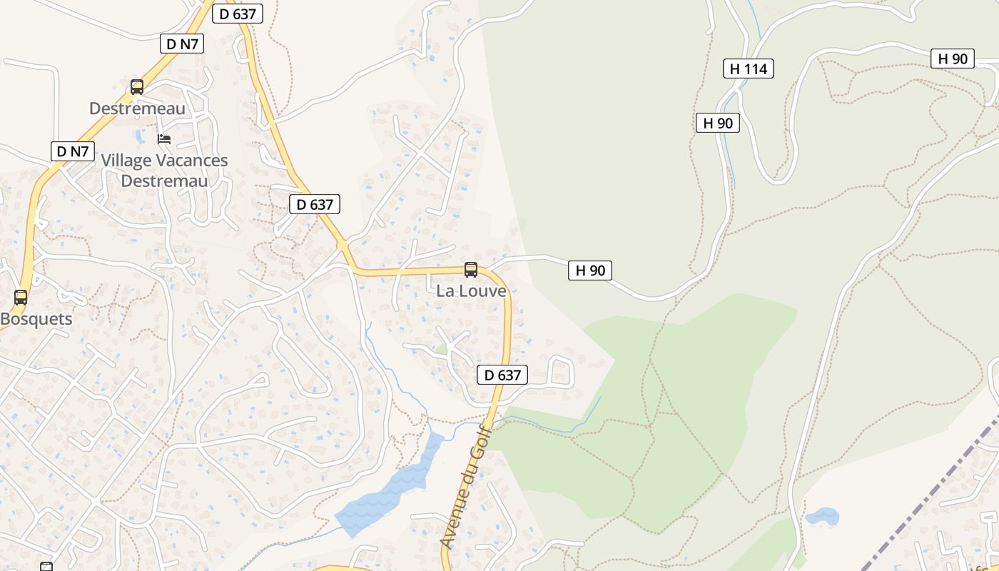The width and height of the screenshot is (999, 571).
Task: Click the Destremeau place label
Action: [x=137, y=108]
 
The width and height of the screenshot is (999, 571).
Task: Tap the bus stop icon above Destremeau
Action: [x=137, y=87]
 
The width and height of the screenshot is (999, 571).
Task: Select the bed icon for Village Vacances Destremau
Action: [x=164, y=138]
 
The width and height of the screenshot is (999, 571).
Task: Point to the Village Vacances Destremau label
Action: [x=164, y=171]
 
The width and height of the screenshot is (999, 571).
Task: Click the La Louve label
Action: [x=471, y=291]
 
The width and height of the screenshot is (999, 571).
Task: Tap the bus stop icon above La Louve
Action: [x=471, y=270]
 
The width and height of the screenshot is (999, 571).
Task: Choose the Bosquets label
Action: [x=36, y=319]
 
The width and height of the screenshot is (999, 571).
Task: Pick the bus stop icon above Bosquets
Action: [x=21, y=298]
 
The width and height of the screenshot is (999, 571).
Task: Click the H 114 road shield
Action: [x=748, y=69]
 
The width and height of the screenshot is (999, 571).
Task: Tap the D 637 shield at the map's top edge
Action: [x=238, y=14]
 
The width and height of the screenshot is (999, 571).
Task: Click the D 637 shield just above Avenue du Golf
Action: [x=502, y=375]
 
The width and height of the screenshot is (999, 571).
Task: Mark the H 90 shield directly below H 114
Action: [x=718, y=123]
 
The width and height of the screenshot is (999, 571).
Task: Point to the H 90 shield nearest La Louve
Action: [x=590, y=271]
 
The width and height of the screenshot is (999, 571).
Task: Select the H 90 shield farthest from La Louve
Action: [x=953, y=59]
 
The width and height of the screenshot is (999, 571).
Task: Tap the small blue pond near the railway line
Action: [x=821, y=516]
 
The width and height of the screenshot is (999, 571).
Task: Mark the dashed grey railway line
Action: [x=928, y=500]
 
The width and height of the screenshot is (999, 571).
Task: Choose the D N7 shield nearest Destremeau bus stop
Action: [x=181, y=44]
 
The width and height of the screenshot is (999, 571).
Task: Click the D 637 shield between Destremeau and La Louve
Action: [x=315, y=204]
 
